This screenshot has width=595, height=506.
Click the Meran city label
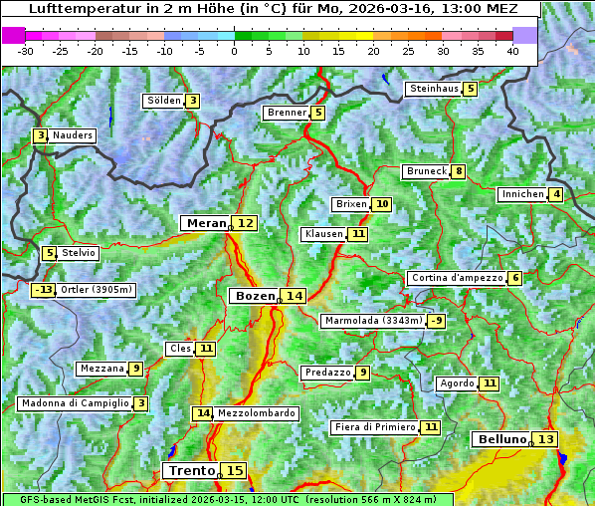(206, 223)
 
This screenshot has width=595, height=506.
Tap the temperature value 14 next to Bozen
(295, 296)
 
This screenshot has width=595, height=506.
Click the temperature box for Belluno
(545, 439)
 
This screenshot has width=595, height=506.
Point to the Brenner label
(287, 113)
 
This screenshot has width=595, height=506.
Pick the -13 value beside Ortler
(44, 290)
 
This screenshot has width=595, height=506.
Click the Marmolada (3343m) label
(373, 321)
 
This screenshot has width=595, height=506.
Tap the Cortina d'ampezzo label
(456, 278)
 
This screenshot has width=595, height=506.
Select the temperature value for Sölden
(193, 101)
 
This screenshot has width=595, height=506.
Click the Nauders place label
(73, 135)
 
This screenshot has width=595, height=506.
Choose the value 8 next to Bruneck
(458, 171)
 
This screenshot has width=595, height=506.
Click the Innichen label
(522, 194)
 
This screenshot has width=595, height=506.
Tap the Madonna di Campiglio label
(75, 403)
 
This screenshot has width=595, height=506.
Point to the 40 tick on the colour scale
(512, 50)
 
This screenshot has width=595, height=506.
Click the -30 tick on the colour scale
(26, 50)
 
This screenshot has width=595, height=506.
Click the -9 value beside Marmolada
(436, 321)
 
